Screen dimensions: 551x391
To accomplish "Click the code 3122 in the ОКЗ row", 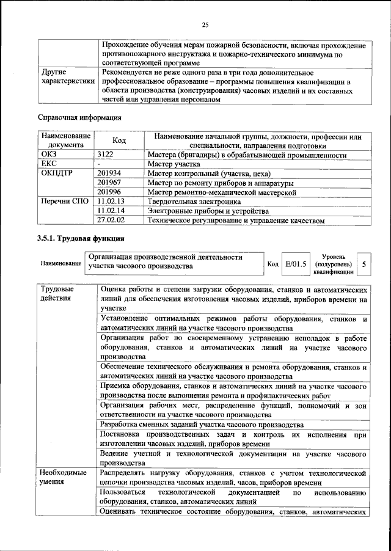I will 106,155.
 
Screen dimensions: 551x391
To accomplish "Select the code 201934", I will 109,173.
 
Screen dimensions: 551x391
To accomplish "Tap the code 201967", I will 109,183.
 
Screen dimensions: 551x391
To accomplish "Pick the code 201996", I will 109,192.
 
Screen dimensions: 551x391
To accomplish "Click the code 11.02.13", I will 111,201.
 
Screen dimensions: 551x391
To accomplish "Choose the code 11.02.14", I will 111,210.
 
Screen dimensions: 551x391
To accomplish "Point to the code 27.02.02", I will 111,220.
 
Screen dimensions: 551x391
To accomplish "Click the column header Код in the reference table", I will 119,141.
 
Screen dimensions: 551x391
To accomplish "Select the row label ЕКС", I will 48,164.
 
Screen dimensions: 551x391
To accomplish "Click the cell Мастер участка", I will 174,164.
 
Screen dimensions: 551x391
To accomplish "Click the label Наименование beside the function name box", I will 60,264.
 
